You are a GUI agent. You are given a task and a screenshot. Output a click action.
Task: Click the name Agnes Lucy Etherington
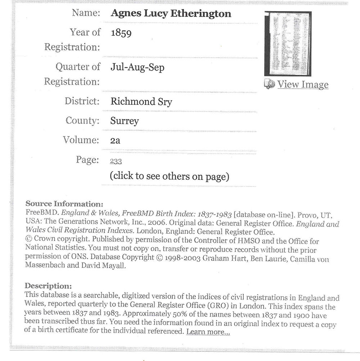(171, 14)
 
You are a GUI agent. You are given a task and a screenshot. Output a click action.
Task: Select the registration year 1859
(121, 33)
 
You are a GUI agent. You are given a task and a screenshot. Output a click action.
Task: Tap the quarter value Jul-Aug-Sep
(137, 67)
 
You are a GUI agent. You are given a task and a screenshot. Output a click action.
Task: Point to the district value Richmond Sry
(141, 102)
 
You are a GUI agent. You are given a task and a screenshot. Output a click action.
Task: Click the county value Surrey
(125, 121)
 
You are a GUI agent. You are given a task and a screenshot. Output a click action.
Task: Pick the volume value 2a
(115, 140)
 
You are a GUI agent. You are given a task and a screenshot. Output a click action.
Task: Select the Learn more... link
(208, 332)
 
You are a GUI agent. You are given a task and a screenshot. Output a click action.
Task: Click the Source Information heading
(64, 204)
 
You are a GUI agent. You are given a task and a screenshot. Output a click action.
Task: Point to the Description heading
(48, 286)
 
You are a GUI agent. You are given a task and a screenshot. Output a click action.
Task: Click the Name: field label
(86, 13)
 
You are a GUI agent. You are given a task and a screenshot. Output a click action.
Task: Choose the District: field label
(82, 101)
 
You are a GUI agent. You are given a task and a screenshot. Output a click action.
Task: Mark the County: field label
(82, 120)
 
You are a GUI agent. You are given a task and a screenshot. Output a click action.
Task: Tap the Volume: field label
(81, 140)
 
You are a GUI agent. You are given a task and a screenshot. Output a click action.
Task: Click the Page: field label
(87, 159)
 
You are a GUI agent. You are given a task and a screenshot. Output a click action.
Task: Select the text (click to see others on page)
(169, 176)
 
